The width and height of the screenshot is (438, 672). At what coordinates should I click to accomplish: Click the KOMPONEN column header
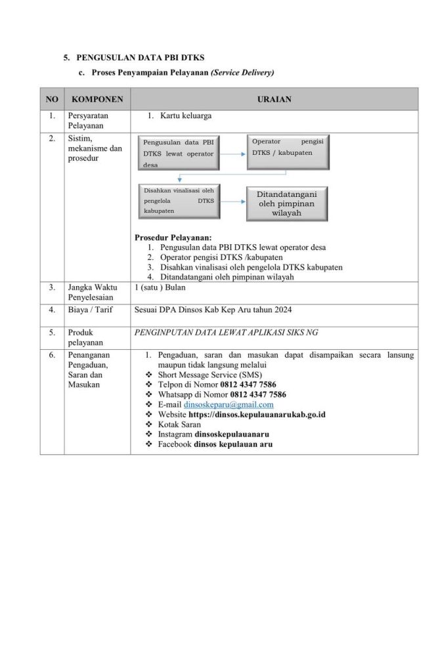click(x=97, y=100)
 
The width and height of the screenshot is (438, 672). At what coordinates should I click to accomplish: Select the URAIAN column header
click(x=274, y=100)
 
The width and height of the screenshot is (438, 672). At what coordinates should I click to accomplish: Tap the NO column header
click(x=52, y=100)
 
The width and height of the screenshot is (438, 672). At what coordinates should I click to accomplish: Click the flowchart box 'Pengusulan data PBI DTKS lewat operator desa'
click(x=179, y=154)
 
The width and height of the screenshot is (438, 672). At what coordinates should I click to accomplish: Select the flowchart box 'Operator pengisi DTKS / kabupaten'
click(x=288, y=152)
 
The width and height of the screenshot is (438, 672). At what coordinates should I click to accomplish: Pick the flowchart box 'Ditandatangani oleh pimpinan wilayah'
click(x=286, y=204)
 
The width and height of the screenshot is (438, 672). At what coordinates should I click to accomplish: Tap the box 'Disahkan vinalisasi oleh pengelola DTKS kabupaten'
click(x=179, y=201)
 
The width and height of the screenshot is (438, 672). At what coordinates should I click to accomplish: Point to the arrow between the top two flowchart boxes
click(x=233, y=154)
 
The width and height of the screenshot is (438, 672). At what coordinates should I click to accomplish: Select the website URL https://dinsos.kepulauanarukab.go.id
click(x=257, y=415)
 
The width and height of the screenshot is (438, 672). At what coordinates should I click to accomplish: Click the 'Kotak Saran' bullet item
click(x=179, y=425)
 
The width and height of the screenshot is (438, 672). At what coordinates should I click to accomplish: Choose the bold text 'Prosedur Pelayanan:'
click(x=173, y=237)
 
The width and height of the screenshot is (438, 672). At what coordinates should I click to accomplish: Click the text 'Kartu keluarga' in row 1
click(x=186, y=116)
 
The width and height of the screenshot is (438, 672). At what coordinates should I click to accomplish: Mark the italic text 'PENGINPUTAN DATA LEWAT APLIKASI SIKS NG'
click(x=226, y=333)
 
